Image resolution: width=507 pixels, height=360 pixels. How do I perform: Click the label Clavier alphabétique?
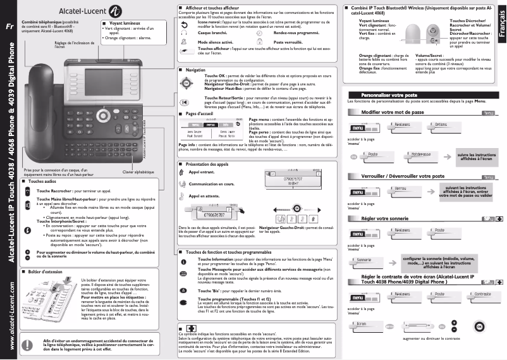(x=138, y=172)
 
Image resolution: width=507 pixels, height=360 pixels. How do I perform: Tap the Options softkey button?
(x=444, y=125)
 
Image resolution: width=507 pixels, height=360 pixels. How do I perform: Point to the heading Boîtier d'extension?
(x=44, y=271)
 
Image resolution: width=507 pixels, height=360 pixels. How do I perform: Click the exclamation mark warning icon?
(x=27, y=344)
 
